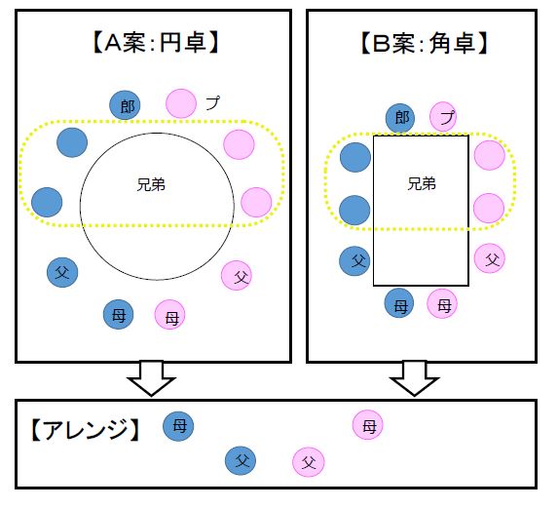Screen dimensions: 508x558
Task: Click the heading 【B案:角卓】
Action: (423, 42)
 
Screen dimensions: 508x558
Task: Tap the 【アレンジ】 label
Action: (82, 429)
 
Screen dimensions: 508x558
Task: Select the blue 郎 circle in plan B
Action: (399, 118)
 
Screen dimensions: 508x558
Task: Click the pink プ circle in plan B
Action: (444, 118)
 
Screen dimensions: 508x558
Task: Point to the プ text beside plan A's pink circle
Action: (212, 102)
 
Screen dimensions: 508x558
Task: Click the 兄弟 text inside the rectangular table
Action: (421, 182)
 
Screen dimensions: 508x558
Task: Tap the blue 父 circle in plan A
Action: (62, 271)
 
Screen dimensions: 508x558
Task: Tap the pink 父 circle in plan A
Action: (237, 276)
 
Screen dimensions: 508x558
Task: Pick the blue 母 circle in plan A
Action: (119, 314)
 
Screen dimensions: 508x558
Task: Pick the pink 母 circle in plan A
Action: (170, 316)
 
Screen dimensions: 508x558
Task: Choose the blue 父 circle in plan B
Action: (354, 260)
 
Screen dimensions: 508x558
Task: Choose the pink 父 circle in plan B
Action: (490, 258)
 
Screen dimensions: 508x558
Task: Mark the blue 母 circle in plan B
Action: (399, 304)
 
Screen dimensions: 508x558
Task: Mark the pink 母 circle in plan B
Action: (443, 304)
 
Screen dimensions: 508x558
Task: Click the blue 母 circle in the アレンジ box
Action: (179, 425)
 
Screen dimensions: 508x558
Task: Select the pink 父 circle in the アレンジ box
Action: (309, 462)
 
